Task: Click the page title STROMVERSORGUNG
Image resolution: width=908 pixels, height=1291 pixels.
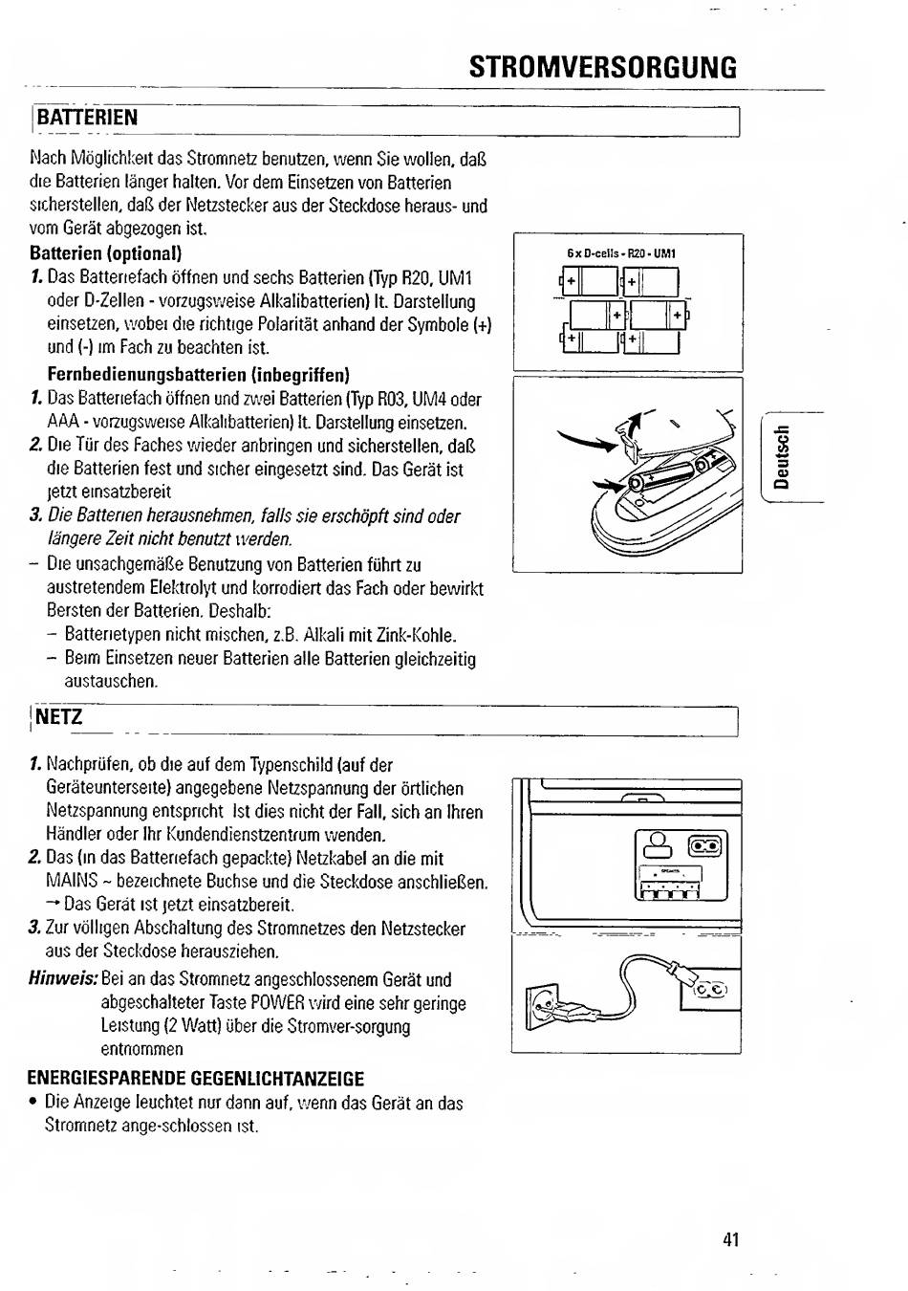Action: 603,68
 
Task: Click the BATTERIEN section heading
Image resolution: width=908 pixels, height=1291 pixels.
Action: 87,118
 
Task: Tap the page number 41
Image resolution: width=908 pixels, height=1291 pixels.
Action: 731,1240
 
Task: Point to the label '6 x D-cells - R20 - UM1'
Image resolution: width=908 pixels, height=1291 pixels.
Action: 621,253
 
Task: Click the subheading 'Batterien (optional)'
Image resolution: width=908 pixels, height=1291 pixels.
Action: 106,253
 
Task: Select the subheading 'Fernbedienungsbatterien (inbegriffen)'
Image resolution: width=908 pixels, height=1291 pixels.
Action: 198,374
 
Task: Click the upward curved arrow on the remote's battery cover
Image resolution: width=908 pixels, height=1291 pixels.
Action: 632,421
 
